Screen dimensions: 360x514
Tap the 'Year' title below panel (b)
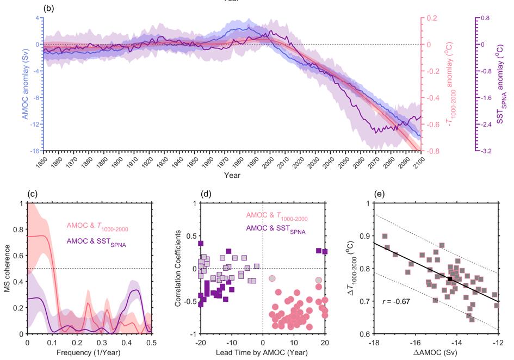click(x=232, y=176)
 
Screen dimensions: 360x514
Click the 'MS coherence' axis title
click(x=8, y=269)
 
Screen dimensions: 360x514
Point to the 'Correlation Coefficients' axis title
click(x=178, y=269)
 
